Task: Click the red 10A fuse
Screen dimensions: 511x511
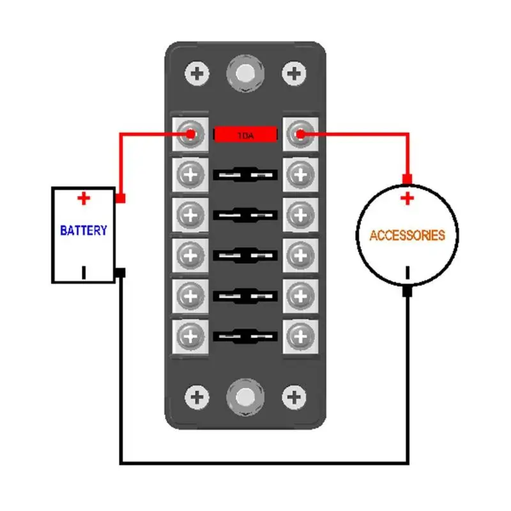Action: [x=245, y=134]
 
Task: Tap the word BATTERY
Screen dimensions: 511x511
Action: [x=84, y=231]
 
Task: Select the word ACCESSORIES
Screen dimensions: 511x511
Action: [x=407, y=235]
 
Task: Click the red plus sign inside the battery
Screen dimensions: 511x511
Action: [x=84, y=198]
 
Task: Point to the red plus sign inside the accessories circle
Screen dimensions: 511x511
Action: [x=407, y=198]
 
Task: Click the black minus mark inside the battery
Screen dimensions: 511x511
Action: [x=84, y=273]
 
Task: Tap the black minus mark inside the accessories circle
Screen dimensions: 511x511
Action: [x=408, y=273]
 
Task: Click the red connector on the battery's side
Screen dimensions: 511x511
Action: [x=120, y=198]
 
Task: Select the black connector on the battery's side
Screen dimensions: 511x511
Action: [x=120, y=273]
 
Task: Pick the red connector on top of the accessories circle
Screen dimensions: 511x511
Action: [x=407, y=179]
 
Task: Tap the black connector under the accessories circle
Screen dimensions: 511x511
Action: [x=407, y=291]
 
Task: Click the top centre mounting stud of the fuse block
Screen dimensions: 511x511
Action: [x=245, y=73]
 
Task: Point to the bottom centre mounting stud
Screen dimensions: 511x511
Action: [x=245, y=397]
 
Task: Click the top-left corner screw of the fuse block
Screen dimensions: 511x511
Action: [x=197, y=73]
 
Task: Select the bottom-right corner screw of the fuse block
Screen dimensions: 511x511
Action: [x=294, y=397]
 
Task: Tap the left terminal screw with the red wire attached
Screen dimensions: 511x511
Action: [x=190, y=134]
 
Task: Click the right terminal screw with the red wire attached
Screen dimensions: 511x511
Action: [x=300, y=134]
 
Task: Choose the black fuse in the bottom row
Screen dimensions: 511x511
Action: [x=245, y=337]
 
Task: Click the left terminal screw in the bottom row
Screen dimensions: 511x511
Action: [x=190, y=337]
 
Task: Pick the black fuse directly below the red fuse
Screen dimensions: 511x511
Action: [x=245, y=174]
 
